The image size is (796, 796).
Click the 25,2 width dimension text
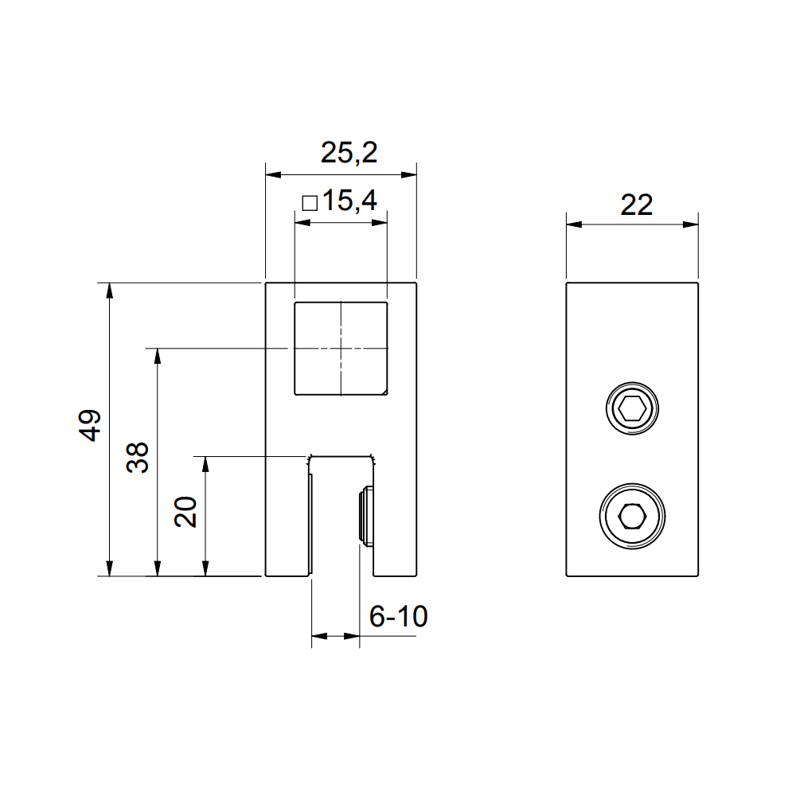349,153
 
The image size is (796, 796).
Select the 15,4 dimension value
349,202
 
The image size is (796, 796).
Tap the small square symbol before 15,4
310,203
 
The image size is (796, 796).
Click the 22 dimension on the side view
636,205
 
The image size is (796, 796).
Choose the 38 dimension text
139,458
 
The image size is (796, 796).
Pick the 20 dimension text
185,511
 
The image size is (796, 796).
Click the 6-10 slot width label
398,616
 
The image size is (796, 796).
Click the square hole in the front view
341,348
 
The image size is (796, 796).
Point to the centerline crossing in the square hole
341,348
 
